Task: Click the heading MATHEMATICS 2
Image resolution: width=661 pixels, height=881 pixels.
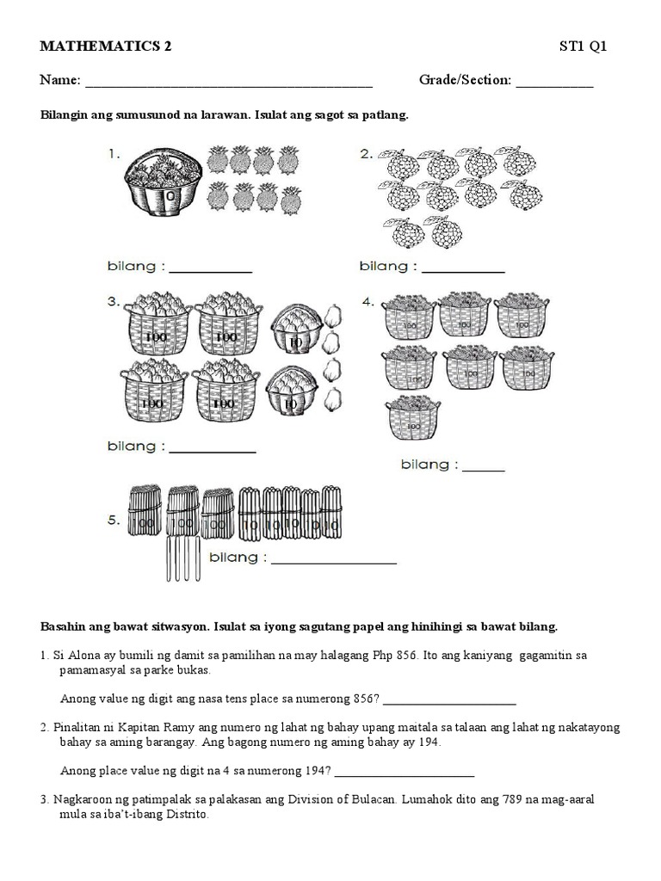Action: (x=105, y=47)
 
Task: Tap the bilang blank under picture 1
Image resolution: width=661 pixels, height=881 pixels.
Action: (x=210, y=269)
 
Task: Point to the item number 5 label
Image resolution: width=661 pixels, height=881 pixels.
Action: (x=113, y=495)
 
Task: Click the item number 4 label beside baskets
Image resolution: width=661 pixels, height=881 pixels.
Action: (x=368, y=302)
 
